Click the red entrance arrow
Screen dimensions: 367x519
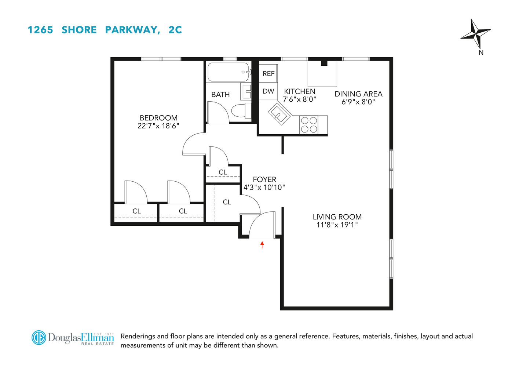pyautogui.click(x=262, y=244)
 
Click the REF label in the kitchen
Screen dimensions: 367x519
pyautogui.click(x=268, y=74)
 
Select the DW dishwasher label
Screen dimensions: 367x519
pyautogui.click(x=268, y=91)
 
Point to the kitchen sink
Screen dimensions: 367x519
pyautogui.click(x=279, y=114)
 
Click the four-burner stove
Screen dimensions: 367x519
pyautogui.click(x=309, y=125)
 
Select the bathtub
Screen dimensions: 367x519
pyautogui.click(x=228, y=72)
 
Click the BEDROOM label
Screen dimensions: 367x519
pyautogui.click(x=158, y=118)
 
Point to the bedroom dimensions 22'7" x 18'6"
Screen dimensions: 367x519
pyautogui.click(x=158, y=126)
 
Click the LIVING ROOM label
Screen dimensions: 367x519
pyautogui.click(x=337, y=217)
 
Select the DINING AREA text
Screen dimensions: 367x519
pyautogui.click(x=358, y=94)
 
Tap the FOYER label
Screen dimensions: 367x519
pyautogui.click(x=264, y=179)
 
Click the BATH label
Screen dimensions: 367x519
pyautogui.click(x=220, y=95)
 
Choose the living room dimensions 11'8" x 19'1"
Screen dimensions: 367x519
pyautogui.click(x=337, y=225)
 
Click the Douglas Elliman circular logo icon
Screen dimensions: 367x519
pyautogui.click(x=39, y=338)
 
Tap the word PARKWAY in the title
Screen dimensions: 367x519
pyautogui.click(x=132, y=30)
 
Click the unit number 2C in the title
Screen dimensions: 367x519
pyautogui.click(x=175, y=30)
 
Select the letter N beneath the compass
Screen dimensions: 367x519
pyautogui.click(x=481, y=52)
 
